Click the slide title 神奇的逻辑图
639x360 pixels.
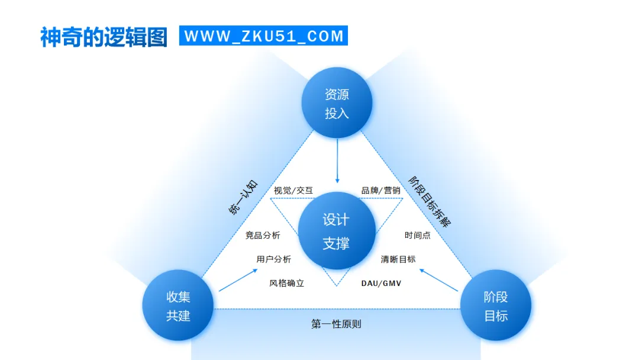(x=104, y=37)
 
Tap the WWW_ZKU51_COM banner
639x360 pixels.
(x=264, y=36)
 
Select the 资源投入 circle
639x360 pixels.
(x=337, y=104)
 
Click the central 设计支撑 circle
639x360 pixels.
(x=336, y=231)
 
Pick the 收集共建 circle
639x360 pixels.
(x=178, y=306)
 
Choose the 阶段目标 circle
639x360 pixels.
(x=496, y=306)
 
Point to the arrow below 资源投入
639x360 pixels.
(x=337, y=161)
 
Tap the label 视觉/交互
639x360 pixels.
(x=293, y=191)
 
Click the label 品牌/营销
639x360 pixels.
(x=381, y=191)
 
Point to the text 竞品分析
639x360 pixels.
(x=263, y=235)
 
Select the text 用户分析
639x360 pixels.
(x=274, y=259)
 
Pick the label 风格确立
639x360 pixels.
(x=287, y=283)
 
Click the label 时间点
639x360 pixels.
(x=417, y=235)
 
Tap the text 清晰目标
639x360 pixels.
(x=398, y=259)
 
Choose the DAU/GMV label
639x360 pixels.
(x=382, y=283)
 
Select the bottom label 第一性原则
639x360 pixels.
(x=336, y=324)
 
